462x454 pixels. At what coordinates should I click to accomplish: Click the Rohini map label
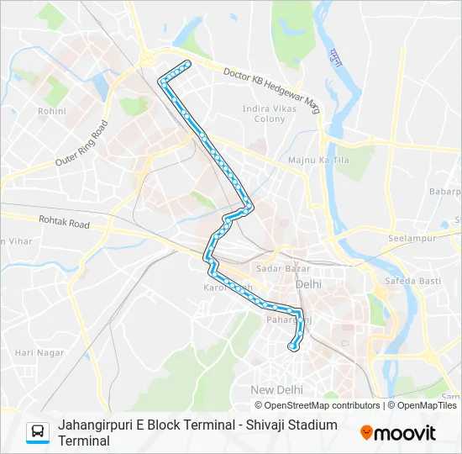click(51, 110)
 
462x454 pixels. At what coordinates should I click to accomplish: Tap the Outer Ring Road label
click(82, 143)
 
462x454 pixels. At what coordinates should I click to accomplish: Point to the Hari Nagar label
click(39, 352)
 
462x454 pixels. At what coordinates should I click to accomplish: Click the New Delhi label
click(276, 389)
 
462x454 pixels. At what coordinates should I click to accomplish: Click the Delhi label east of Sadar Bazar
click(308, 284)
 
